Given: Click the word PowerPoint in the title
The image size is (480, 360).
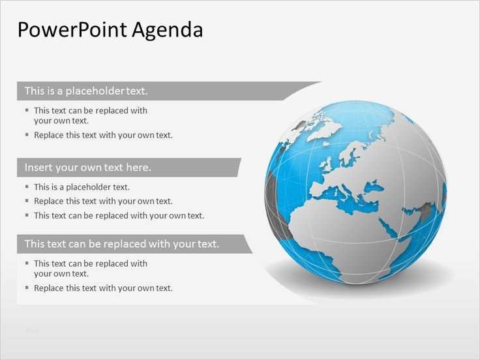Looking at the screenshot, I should click(72, 30).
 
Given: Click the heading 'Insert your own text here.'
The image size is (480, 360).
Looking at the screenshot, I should click(87, 168).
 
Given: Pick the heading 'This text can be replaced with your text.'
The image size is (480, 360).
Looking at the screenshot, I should click(121, 244).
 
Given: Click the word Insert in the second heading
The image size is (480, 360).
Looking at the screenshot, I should click(38, 168).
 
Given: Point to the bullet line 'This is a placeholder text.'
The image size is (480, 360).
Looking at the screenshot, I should click(82, 187).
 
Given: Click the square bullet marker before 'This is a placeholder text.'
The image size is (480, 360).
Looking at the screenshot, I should click(27, 187).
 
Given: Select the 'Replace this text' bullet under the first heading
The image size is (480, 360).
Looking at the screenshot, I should click(103, 135).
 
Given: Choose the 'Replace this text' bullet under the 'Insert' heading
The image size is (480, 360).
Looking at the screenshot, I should click(103, 201).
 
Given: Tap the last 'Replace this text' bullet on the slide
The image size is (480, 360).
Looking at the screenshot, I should click(103, 288).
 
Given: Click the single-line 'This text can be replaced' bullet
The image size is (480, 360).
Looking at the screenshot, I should click(119, 215).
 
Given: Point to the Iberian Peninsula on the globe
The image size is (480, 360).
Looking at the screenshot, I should click(318, 190).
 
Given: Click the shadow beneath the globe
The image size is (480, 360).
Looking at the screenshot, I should click(365, 277).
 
